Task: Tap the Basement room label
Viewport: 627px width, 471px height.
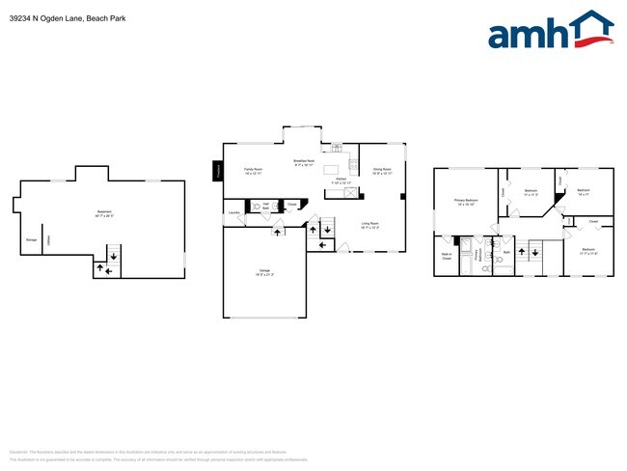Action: click(103, 213)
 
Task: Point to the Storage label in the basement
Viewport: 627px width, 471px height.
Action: click(31, 239)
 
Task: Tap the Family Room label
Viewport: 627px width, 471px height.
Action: click(254, 171)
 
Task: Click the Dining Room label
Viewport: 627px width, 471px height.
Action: click(381, 171)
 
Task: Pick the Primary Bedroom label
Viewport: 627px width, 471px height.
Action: click(467, 202)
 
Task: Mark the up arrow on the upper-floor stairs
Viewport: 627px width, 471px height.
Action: click(522, 252)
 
